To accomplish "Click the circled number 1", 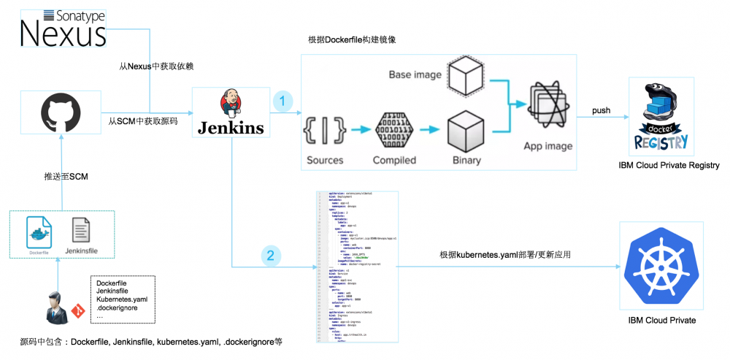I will pos(283,102).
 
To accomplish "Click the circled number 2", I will pos(272,256).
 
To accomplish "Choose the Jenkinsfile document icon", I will pos(82,233).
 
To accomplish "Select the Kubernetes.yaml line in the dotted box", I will pos(122,299).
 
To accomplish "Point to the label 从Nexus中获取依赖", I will pos(155,66).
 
